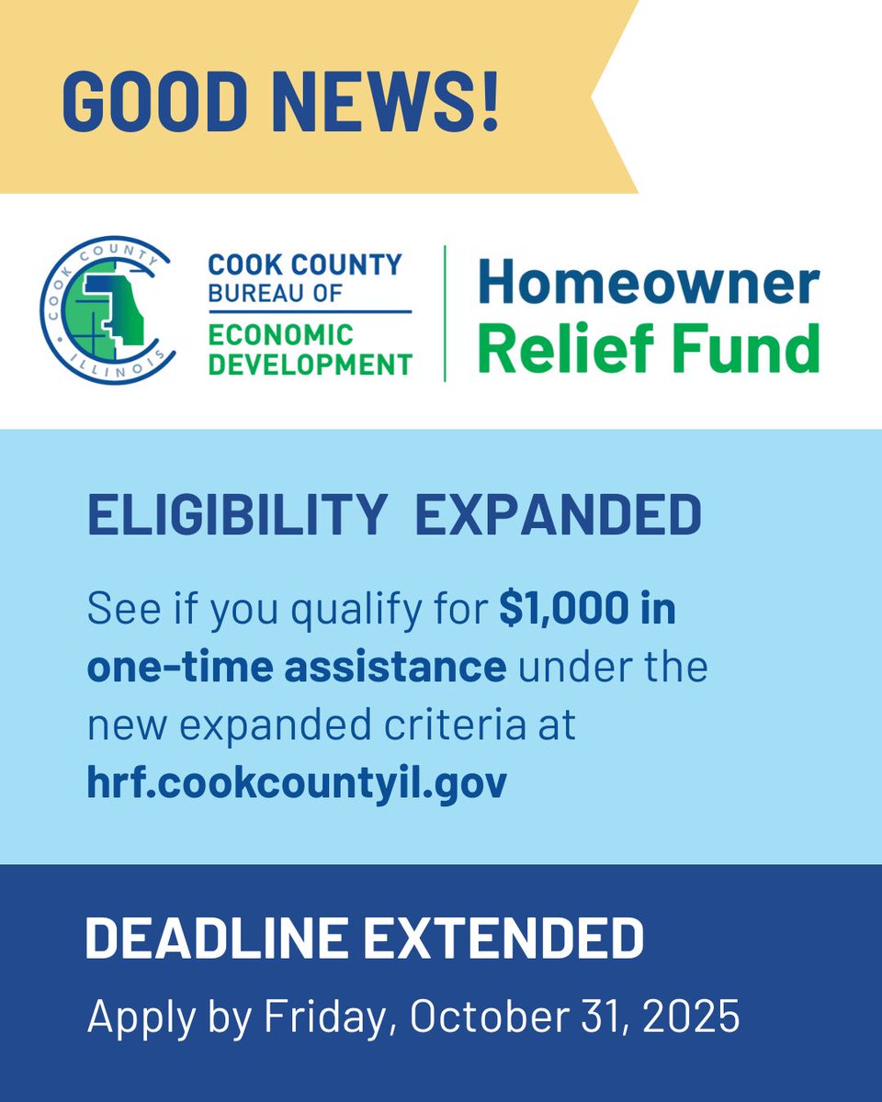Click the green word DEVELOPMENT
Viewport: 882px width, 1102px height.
tap(310, 365)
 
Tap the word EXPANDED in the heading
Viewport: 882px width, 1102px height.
tap(558, 516)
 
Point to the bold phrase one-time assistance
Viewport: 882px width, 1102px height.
tap(296, 668)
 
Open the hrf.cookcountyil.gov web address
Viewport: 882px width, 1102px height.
tap(296, 783)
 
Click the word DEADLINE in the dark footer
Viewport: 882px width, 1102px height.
tap(217, 939)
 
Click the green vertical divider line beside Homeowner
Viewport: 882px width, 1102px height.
tap(446, 313)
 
